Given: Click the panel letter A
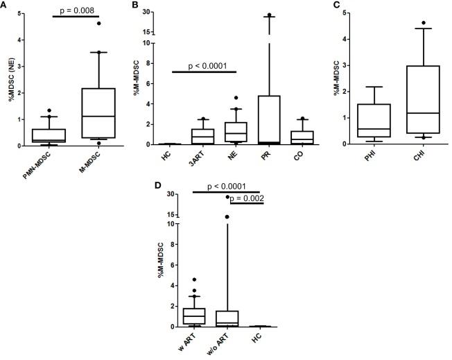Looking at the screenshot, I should pos(4,5).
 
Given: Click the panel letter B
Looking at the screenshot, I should pos(154,5).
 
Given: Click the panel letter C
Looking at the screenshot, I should pos(336,5).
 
